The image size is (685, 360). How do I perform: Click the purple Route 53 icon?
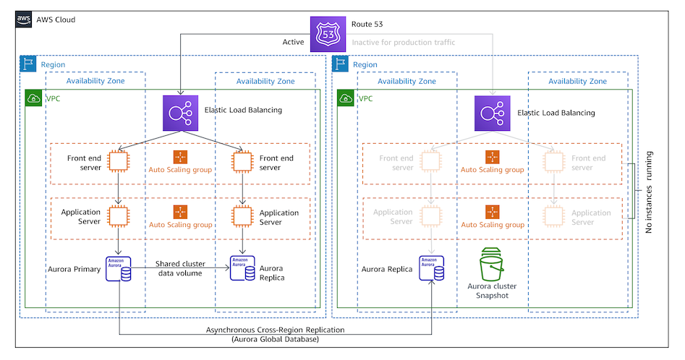pyautogui.click(x=328, y=34)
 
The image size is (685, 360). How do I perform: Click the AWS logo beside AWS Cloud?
pyautogui.click(x=23, y=20)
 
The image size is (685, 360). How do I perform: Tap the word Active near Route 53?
pyautogui.click(x=293, y=43)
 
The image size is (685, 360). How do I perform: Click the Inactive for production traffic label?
pyautogui.click(x=404, y=43)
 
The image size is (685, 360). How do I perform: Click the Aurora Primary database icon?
pyautogui.click(x=117, y=268)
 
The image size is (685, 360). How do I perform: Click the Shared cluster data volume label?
pyautogui.click(x=180, y=269)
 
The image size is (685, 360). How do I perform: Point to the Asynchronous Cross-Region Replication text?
pyautogui.click(x=274, y=330)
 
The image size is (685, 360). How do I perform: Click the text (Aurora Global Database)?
pyautogui.click(x=274, y=339)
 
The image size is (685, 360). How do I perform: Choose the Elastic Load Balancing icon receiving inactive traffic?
pyautogui.click(x=493, y=113)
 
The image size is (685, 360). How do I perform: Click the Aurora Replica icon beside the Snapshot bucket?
pyautogui.click(x=430, y=268)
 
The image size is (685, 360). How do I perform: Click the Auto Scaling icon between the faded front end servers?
pyautogui.click(x=493, y=157)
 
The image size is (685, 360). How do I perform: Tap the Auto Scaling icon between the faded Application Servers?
pyautogui.click(x=493, y=212)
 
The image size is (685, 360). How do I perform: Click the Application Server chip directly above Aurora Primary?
pyautogui.click(x=118, y=216)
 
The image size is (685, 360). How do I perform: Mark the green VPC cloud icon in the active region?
pyautogui.click(x=33, y=98)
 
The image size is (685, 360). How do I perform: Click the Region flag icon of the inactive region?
pyautogui.click(x=340, y=64)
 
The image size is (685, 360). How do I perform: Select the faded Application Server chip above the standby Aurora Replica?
pyautogui.click(x=430, y=216)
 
